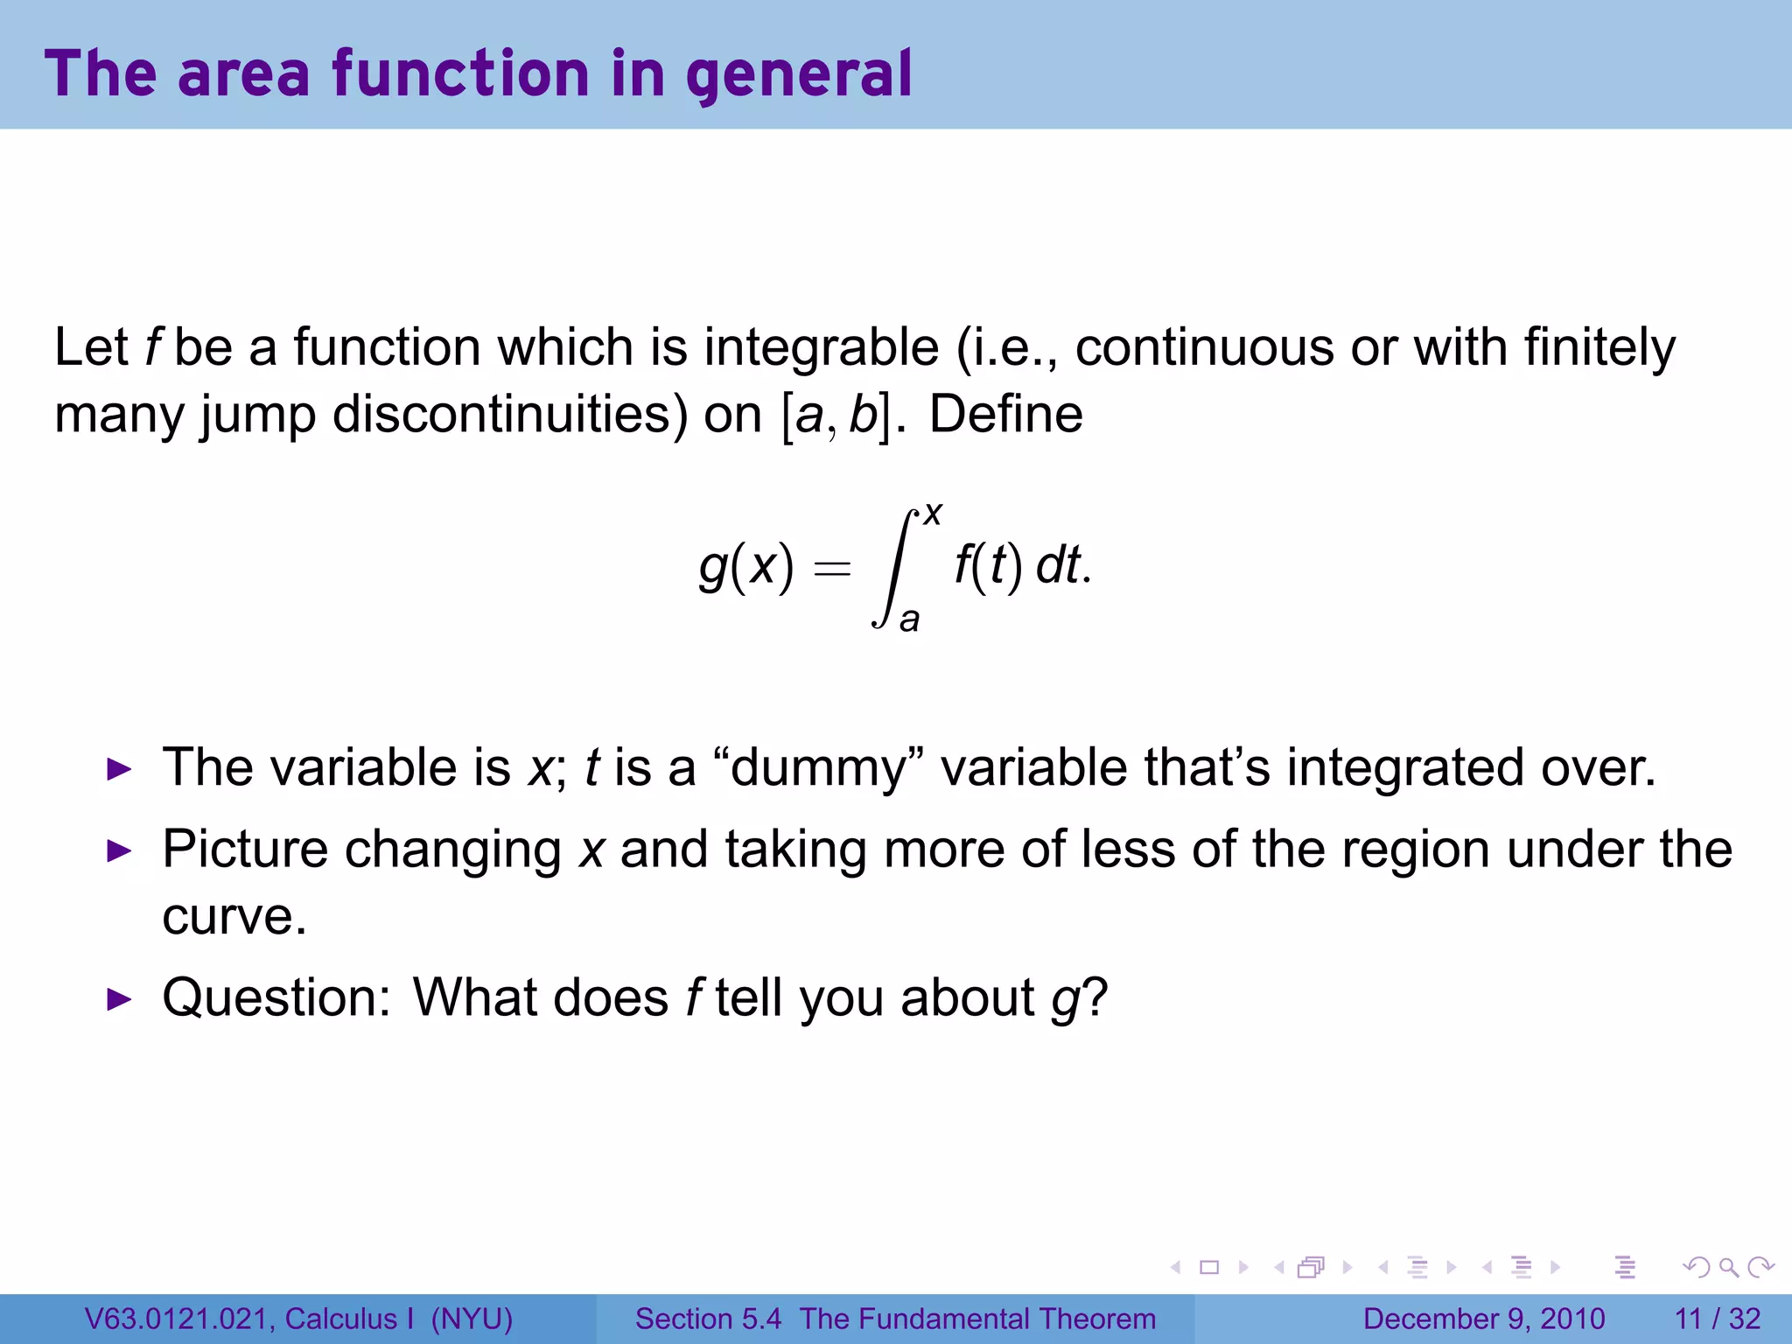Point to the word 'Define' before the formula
click(x=1005, y=414)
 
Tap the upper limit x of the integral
click(x=933, y=513)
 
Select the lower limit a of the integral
click(x=910, y=619)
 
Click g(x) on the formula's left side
click(x=746, y=566)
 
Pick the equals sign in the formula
click(x=831, y=570)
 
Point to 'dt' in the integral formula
click(x=1058, y=565)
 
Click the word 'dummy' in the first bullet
click(x=818, y=768)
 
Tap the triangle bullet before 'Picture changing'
click(x=118, y=850)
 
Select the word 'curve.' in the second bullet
click(x=234, y=916)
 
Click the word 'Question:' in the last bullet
click(x=276, y=997)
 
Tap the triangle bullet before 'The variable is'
click(x=118, y=770)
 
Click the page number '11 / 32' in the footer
click(x=1718, y=1319)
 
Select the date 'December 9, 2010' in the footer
click(x=1484, y=1319)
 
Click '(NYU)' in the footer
click(x=472, y=1319)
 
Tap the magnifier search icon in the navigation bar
click(x=1728, y=1267)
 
